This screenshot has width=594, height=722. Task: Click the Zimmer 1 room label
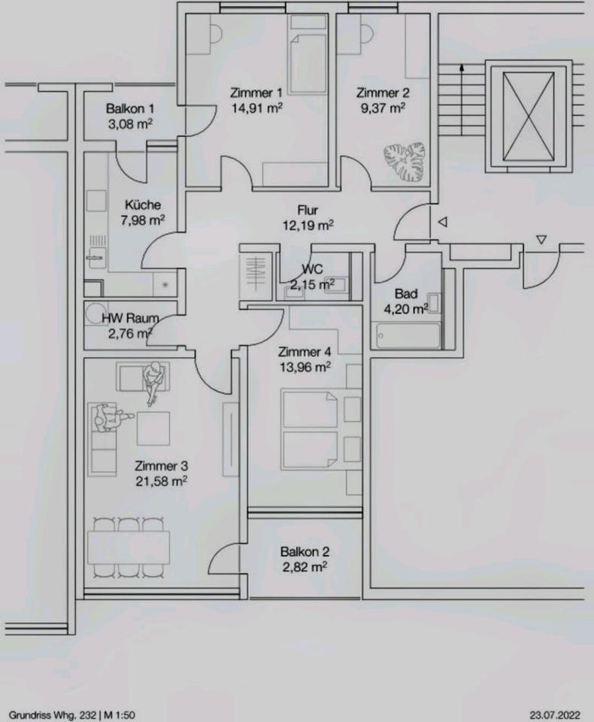coord(256,93)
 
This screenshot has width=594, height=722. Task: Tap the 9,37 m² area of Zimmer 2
coord(383,108)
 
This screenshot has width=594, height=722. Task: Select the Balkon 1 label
coord(130,108)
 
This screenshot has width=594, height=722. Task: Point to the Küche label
coord(143,205)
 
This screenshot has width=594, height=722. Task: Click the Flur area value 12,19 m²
coord(308,225)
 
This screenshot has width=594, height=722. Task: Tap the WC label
coord(312,268)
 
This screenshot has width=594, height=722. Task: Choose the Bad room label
coord(406,293)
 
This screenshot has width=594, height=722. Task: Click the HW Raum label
coord(130,317)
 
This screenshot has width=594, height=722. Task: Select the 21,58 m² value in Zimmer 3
coord(161,481)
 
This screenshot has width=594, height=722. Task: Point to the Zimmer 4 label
coord(305,352)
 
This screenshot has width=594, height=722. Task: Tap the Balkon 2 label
coord(305,551)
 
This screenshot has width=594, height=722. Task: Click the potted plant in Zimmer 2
coord(405,163)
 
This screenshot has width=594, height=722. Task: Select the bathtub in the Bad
coord(405,335)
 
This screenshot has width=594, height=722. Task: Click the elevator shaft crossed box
coord(528,116)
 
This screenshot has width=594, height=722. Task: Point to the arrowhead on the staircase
coord(462,68)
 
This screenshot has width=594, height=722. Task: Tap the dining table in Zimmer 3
coord(129,547)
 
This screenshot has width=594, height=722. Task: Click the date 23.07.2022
coord(554,715)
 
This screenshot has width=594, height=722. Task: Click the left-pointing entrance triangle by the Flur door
coord(443,223)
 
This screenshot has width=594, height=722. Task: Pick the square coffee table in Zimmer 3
coord(153,428)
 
